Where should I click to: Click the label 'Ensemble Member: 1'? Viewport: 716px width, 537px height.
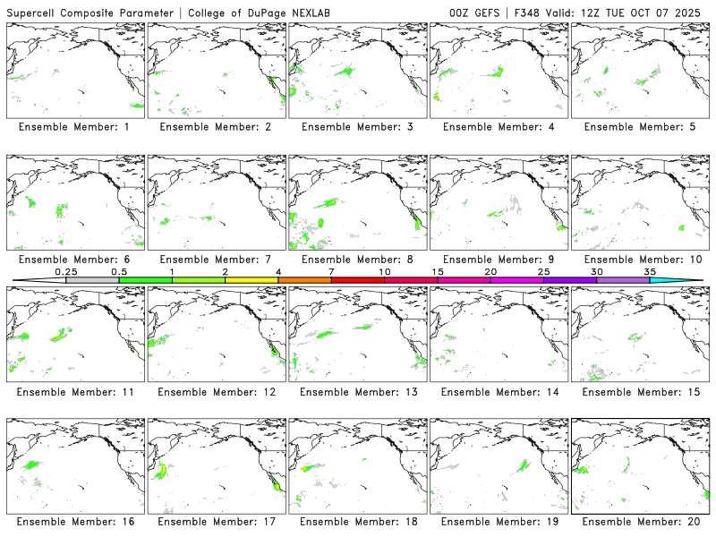[x=74, y=127]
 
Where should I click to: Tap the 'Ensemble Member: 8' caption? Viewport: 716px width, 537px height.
[x=356, y=260]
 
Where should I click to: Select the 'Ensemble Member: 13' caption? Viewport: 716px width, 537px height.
[x=356, y=392]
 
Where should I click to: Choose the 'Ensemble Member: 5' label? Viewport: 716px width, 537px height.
[x=638, y=127]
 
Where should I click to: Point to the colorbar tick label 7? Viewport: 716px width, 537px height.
[x=331, y=271]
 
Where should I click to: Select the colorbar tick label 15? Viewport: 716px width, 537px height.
[x=437, y=271]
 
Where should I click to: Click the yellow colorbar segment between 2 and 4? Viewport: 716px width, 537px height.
[x=251, y=280]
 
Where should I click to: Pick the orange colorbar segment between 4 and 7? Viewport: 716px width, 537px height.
[x=304, y=280]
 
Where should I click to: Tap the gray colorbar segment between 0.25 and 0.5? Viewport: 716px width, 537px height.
[x=92, y=280]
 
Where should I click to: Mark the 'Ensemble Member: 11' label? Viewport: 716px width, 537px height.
[x=74, y=392]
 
